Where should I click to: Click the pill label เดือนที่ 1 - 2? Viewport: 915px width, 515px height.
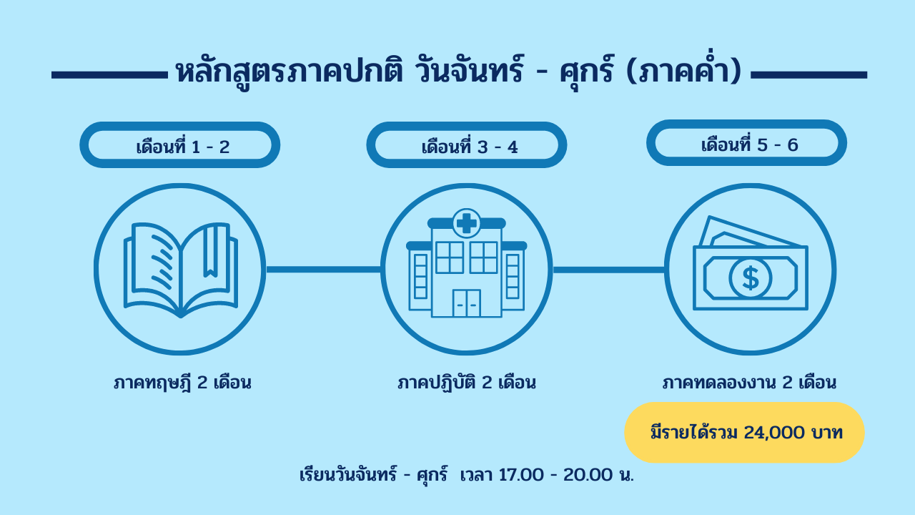(179, 144)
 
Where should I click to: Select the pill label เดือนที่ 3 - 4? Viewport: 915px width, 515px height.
(467, 144)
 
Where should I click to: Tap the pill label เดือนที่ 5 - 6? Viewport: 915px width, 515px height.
(746, 142)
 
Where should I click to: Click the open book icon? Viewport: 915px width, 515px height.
(181, 270)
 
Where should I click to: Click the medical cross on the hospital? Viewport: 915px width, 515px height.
(467, 223)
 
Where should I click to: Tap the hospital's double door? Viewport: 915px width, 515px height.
(467, 303)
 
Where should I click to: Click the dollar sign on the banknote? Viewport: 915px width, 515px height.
(751, 278)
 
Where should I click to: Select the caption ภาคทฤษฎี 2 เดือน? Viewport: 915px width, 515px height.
(182, 383)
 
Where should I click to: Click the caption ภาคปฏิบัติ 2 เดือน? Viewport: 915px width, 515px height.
(467, 383)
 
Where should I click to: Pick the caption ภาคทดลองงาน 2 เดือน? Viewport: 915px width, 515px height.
(749, 383)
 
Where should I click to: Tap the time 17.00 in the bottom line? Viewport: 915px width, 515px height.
(521, 475)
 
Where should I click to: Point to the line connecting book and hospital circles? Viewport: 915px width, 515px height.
(324, 270)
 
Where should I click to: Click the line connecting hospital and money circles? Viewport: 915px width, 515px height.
(608, 270)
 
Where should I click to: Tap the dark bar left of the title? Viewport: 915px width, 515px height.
(109, 75)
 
